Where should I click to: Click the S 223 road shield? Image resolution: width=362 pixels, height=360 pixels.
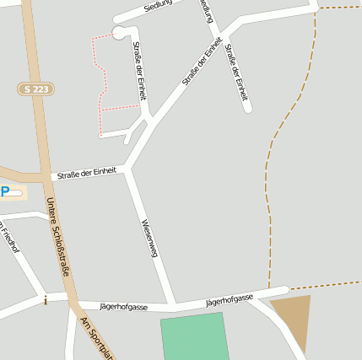pyautogui.click(x=35, y=89)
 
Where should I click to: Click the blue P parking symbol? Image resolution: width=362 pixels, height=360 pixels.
pyautogui.click(x=5, y=192)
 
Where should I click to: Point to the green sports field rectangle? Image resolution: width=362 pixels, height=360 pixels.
pyautogui.click(x=195, y=337)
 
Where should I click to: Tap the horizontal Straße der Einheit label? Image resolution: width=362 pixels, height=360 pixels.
pyautogui.click(x=87, y=173)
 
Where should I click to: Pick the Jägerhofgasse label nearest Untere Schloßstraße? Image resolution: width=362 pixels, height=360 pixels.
pyautogui.click(x=123, y=305)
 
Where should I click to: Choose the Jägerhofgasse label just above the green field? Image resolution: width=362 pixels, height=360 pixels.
pyautogui.click(x=229, y=300)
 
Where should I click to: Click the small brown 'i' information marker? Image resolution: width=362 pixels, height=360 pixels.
pyautogui.click(x=46, y=299)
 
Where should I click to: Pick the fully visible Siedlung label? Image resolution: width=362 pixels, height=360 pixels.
pyautogui.click(x=158, y=4)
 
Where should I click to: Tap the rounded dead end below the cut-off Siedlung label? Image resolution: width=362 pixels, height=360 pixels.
pyautogui.click(x=247, y=108)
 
